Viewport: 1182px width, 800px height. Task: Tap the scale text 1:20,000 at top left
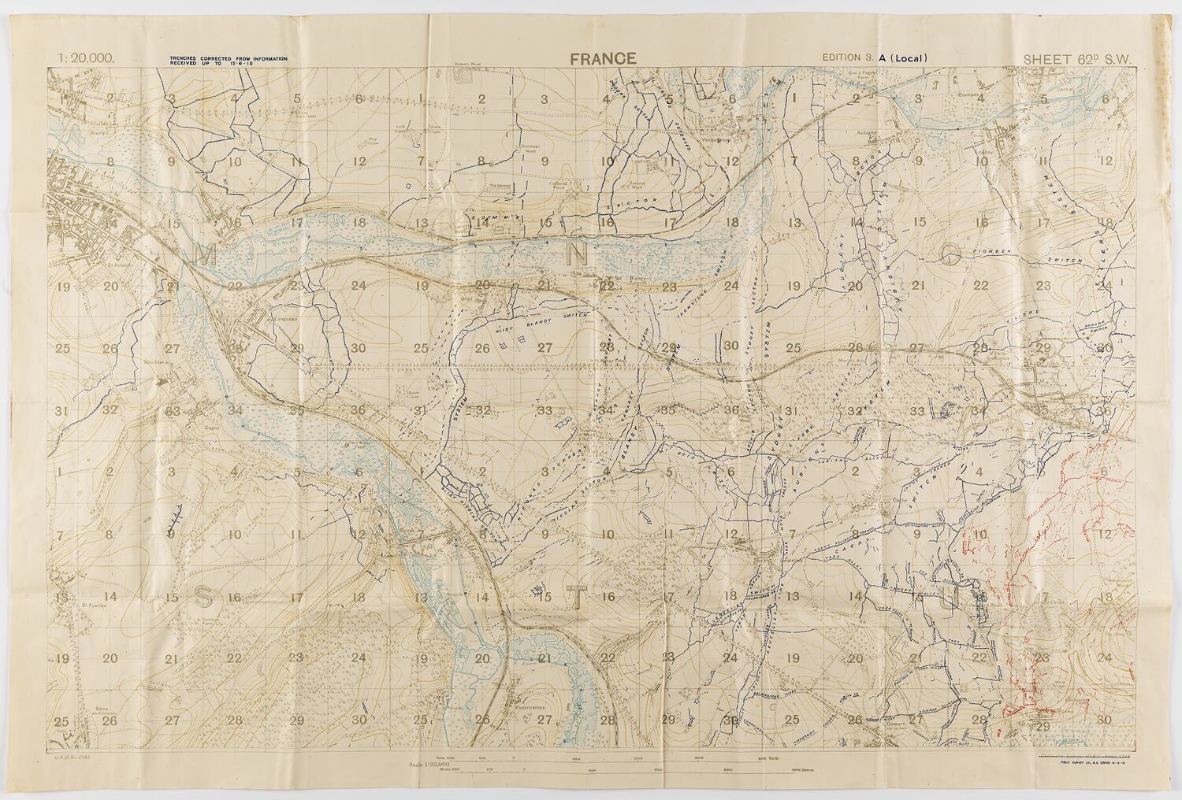[87, 57]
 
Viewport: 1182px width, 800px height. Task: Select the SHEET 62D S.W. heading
[1077, 57]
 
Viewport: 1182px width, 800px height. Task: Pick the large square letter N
[578, 254]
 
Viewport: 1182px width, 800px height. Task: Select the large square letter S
[203, 597]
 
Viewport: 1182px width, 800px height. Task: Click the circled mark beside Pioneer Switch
[952, 253]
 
